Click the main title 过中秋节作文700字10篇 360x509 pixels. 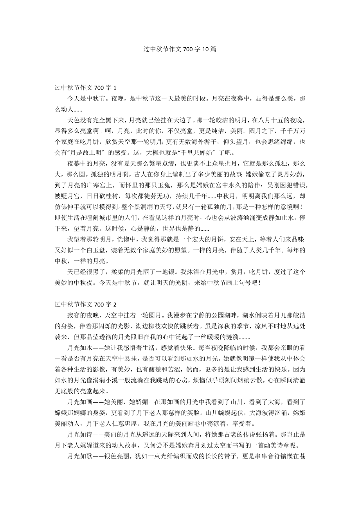(x=180, y=49)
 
